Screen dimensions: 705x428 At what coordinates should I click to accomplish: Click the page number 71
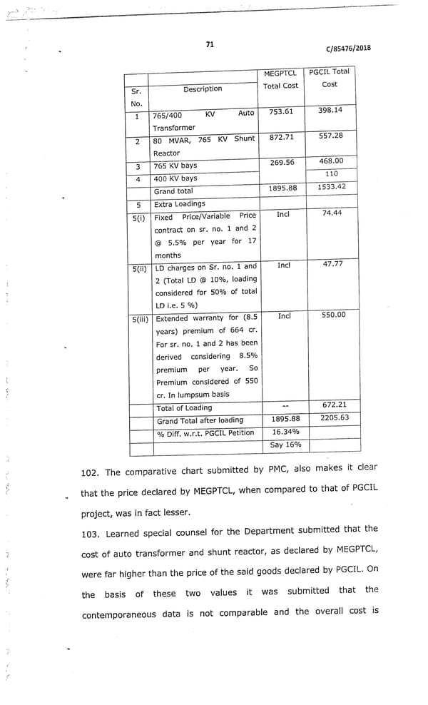click(210, 44)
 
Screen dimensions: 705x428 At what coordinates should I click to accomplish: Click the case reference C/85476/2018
click(348, 49)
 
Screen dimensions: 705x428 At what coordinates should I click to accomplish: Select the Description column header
click(203, 89)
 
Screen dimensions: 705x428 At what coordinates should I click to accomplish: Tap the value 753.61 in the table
click(281, 111)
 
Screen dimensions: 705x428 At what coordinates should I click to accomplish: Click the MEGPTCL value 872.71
click(281, 137)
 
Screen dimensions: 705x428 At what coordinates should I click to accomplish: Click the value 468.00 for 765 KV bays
click(330, 161)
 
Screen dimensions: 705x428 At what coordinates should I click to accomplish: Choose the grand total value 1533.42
click(332, 187)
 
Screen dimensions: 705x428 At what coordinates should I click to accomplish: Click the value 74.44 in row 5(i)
click(332, 213)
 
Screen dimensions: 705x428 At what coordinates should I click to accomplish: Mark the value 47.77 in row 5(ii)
click(332, 264)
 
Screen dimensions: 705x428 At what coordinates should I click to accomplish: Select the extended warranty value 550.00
click(333, 315)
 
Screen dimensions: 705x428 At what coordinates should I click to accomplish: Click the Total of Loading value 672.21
click(334, 405)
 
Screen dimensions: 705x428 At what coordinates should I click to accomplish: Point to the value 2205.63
click(335, 417)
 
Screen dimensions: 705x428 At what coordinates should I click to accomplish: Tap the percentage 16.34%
click(285, 432)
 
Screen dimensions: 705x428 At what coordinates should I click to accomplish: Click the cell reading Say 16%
click(285, 445)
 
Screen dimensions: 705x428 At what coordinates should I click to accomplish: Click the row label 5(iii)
click(141, 318)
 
